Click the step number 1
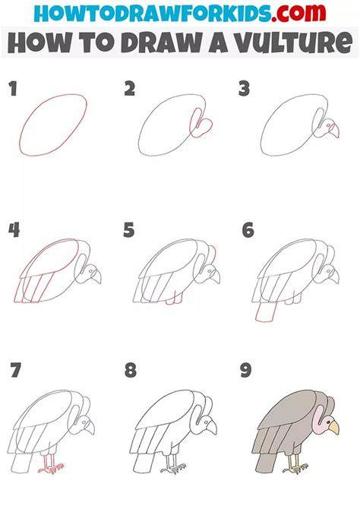click(x=13, y=89)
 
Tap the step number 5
click(x=129, y=230)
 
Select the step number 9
click(x=246, y=371)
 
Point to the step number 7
click(x=15, y=370)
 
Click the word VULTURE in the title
click(x=293, y=43)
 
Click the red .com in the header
click(x=298, y=13)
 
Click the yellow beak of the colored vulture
click(x=334, y=428)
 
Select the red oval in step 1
click(x=53, y=125)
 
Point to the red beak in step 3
click(x=334, y=130)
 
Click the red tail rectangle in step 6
click(x=266, y=311)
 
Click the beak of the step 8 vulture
click(x=211, y=427)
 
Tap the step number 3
click(x=244, y=89)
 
